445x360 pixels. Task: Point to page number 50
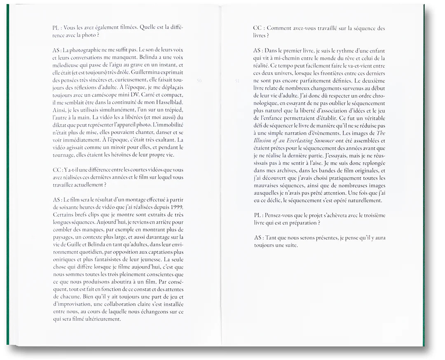click(x=199, y=81)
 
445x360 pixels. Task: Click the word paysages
click(x=65, y=237)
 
